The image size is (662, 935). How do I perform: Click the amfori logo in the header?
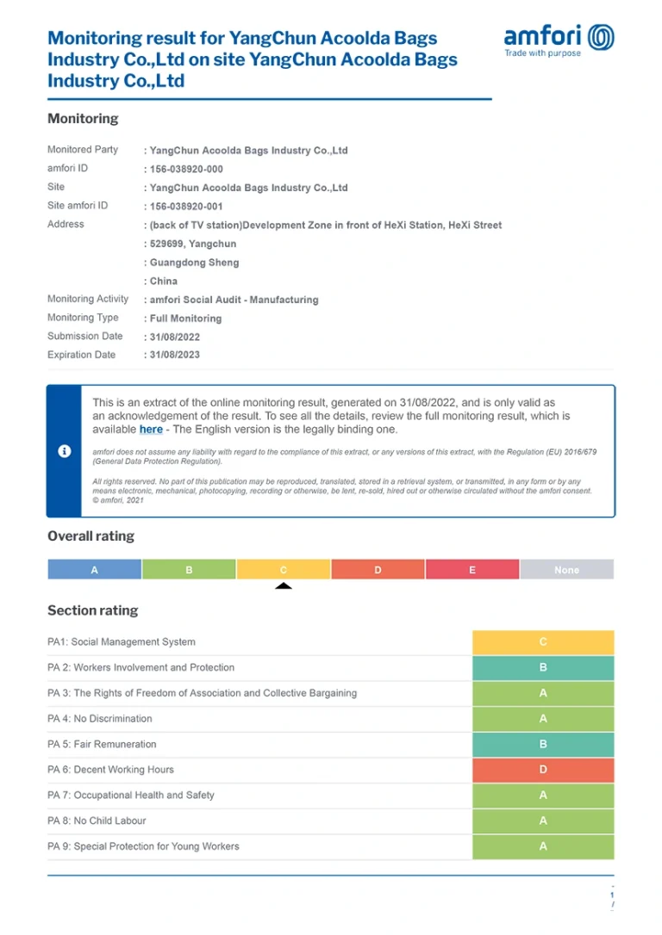coord(559,40)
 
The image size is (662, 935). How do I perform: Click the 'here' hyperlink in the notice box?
coord(151,429)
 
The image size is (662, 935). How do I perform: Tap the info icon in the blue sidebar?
coord(64,451)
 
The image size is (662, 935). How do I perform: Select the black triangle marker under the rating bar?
coord(284,586)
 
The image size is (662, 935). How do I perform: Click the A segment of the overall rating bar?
coord(95,570)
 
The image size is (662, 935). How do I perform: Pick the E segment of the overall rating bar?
coord(472,570)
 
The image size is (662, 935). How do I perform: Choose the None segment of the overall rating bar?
coord(566,570)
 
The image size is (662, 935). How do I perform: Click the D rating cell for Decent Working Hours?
coord(543,770)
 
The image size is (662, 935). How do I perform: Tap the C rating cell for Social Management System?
coord(543,642)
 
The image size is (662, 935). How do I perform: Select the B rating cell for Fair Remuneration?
coord(543,744)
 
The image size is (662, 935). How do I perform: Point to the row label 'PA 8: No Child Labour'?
coord(97,820)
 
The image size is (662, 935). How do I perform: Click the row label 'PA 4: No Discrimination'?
coord(100,719)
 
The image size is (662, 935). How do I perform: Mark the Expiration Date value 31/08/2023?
coord(175,355)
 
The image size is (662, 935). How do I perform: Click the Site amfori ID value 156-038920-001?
coord(186,207)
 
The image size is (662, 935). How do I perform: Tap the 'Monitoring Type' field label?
coord(83,318)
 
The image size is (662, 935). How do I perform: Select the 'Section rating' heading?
coord(92,610)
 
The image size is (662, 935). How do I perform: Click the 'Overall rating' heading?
coord(91,536)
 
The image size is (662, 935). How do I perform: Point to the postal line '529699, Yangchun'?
coord(193,244)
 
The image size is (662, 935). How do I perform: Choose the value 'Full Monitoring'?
coord(185,319)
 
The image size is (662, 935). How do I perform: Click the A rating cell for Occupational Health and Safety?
coord(543,796)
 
